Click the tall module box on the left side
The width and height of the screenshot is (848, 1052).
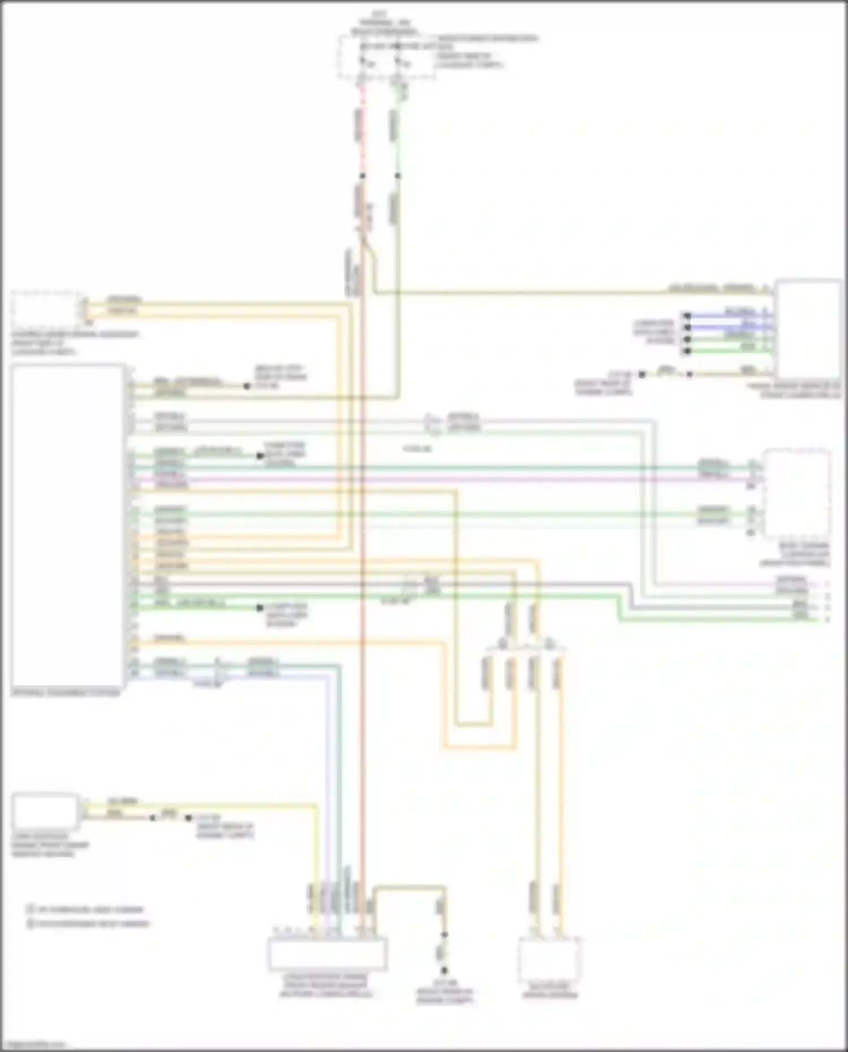click(67, 526)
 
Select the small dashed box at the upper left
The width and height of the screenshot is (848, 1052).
click(45, 309)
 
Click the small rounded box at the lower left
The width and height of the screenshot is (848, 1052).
click(45, 810)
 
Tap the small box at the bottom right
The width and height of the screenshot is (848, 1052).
click(549, 960)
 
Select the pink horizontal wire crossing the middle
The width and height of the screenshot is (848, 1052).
click(452, 479)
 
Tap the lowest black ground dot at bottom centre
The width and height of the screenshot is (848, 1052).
click(444, 970)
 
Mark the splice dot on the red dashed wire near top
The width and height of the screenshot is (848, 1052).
click(362, 176)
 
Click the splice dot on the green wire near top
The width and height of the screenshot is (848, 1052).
click(397, 176)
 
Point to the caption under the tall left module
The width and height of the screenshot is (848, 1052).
click(66, 692)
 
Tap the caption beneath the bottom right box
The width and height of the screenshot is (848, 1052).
click(549, 991)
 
